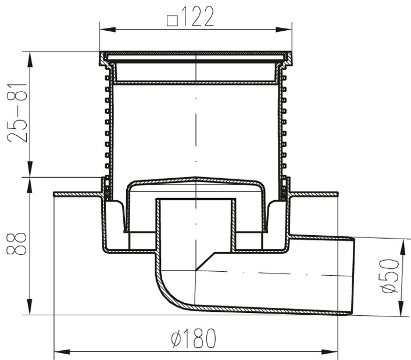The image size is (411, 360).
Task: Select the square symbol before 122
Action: click(x=173, y=21)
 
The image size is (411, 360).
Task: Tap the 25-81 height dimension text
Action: click(x=17, y=113)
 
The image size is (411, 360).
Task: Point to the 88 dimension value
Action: click(x=17, y=243)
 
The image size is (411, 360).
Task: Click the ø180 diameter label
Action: click(x=194, y=338)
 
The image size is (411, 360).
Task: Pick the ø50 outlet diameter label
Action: click(x=389, y=276)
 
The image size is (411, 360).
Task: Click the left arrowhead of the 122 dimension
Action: click(x=108, y=29)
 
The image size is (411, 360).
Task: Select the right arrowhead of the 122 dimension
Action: click(x=284, y=29)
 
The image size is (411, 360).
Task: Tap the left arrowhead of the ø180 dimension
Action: click(x=62, y=352)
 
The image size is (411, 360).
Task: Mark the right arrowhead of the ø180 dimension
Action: click(x=330, y=352)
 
